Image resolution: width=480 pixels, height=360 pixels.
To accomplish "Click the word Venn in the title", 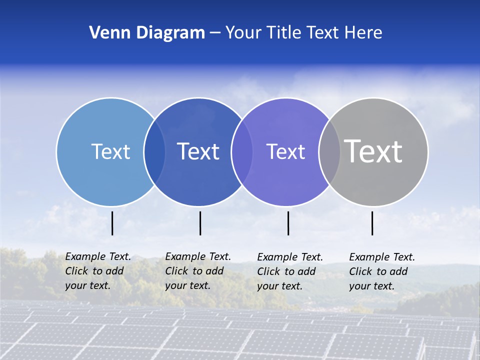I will pos(106,33).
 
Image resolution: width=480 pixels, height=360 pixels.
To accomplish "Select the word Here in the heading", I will pos(363,33).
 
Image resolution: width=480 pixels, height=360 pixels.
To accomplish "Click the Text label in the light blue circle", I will pos(110,151).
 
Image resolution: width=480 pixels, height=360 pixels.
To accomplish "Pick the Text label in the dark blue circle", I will pos(198,151).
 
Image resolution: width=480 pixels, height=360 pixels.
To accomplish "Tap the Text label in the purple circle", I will pos(285,151).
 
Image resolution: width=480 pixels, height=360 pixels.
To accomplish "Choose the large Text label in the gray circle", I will pos(373,151).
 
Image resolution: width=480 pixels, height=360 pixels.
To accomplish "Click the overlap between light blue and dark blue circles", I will pos(154,152).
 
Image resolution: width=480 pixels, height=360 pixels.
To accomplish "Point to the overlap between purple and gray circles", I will pos(329,152).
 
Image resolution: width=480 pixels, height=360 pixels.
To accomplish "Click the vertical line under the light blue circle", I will pos(112,223).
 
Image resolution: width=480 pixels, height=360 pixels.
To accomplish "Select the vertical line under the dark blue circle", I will pos(200,223).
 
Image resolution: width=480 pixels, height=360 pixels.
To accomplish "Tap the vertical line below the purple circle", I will pos(288,223).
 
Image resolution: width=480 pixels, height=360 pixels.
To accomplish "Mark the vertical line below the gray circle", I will pos(372,223).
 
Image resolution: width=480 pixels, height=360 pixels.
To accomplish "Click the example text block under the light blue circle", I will pos(98,271).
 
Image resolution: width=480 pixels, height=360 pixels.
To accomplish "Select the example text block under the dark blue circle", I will pos(198,271).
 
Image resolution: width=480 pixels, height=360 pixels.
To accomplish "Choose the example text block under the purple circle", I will pos(290,271).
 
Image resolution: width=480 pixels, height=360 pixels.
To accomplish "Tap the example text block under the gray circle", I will pos(382,271).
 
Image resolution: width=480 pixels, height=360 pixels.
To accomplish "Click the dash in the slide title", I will pos(215,33).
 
